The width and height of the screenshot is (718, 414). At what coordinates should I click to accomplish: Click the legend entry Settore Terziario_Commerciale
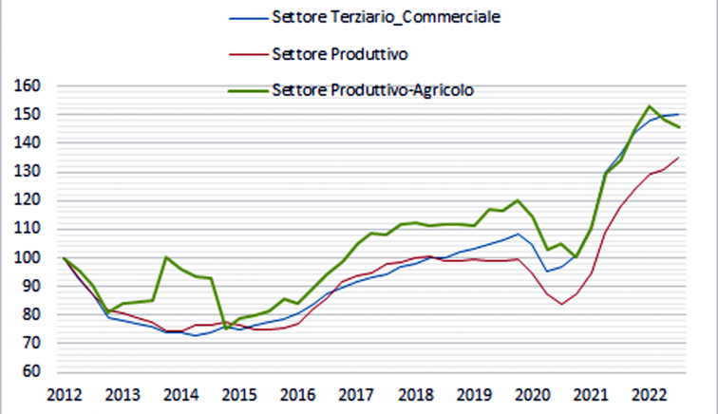386,17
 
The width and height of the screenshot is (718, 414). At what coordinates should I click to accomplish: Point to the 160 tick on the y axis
30,86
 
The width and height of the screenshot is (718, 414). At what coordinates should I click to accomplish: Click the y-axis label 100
30,257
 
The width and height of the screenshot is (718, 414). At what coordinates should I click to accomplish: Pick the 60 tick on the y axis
34,371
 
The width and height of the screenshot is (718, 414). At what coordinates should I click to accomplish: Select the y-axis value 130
30,172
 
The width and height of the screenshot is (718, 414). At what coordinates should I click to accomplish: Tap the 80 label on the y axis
34,314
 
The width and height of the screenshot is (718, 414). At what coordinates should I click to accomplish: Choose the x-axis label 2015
240,394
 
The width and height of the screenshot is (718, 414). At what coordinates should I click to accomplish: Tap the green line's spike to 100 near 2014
166,257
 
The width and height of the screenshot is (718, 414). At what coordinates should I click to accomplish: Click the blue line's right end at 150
677,115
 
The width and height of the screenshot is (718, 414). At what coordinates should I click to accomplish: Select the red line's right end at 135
677,158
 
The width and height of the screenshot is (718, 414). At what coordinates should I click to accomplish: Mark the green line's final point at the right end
677,127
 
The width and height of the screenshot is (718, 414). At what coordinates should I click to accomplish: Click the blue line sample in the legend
245,17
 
